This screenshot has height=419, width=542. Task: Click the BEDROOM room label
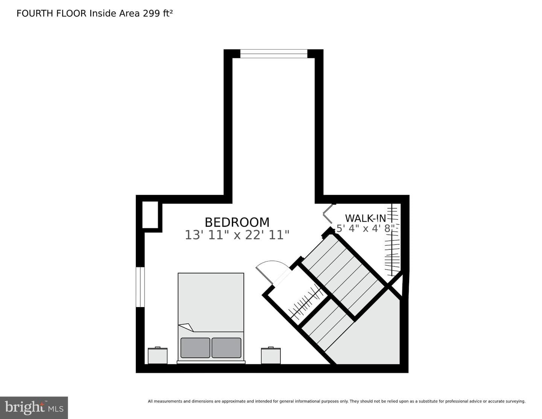pyautogui.click(x=237, y=222)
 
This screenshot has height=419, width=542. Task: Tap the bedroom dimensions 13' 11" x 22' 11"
pyautogui.click(x=237, y=235)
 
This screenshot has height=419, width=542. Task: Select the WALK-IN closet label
pyautogui.click(x=365, y=218)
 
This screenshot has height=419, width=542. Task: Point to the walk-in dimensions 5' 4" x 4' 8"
pyautogui.click(x=365, y=228)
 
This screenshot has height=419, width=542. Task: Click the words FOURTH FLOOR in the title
pyautogui.click(x=52, y=14)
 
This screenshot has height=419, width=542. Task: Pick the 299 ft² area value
pyautogui.click(x=158, y=13)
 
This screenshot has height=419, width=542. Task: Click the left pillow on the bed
pyautogui.click(x=195, y=347)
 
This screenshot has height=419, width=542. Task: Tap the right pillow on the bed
pyautogui.click(x=227, y=347)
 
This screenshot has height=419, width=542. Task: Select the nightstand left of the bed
pyautogui.click(x=158, y=356)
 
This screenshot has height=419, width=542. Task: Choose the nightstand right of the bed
pyautogui.click(x=271, y=356)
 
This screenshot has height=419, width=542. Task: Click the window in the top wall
pyautogui.click(x=274, y=54)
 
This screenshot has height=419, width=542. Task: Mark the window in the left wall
pyautogui.click(x=140, y=287)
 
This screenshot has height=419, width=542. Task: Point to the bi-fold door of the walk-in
pyautogui.click(x=328, y=214)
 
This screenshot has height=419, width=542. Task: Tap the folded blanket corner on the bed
pyautogui.click(x=186, y=327)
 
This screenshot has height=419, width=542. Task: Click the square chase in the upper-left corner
pyautogui.click(x=150, y=215)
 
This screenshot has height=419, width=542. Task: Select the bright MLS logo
pyautogui.click(x=34, y=408)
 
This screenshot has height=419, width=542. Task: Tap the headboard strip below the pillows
pyautogui.click(x=211, y=362)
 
